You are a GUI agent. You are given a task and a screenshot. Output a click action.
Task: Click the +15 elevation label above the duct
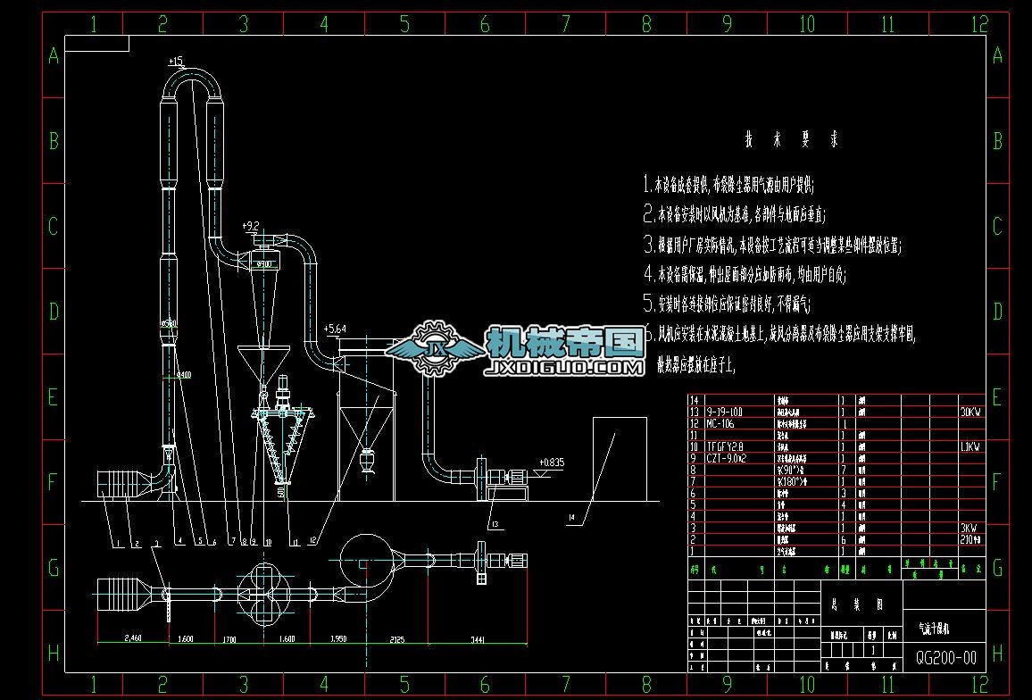point(175,62)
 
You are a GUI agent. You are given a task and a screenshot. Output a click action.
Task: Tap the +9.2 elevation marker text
point(251,225)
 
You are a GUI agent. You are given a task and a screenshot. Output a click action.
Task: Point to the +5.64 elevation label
point(335,329)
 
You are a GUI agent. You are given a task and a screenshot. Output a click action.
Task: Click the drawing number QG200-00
point(946,659)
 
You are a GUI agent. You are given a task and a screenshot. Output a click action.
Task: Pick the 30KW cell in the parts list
point(970,412)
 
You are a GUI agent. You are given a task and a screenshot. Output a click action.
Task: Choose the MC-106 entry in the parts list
point(723,424)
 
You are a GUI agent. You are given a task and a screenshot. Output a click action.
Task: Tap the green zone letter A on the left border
point(53,56)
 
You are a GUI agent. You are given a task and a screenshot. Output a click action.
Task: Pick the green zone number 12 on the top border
point(979,24)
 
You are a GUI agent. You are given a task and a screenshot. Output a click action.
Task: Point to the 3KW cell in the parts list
point(968,528)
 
